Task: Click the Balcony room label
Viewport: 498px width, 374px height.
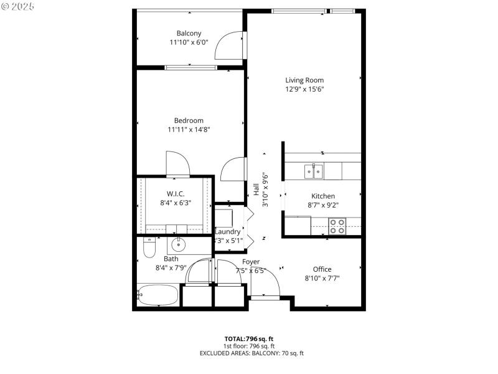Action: click(189, 33)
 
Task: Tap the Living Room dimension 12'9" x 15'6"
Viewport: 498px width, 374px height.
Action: click(304, 89)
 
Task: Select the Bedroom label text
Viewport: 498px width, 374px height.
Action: click(189, 120)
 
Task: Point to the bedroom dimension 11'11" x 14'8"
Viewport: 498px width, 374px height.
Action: click(189, 130)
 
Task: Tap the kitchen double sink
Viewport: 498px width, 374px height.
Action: click(313, 170)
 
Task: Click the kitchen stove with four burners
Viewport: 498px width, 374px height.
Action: click(337, 226)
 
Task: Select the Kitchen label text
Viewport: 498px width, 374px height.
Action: click(323, 196)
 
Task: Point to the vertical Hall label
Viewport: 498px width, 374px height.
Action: click(256, 189)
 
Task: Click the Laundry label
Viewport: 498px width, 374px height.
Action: click(227, 231)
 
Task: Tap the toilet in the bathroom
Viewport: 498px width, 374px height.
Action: click(149, 248)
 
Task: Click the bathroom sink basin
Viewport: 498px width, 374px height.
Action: click(181, 243)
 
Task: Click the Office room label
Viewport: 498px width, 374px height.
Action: click(322, 269)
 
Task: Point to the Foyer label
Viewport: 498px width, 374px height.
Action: click(251, 262)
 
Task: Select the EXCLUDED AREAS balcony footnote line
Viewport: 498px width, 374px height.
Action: click(251, 353)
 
